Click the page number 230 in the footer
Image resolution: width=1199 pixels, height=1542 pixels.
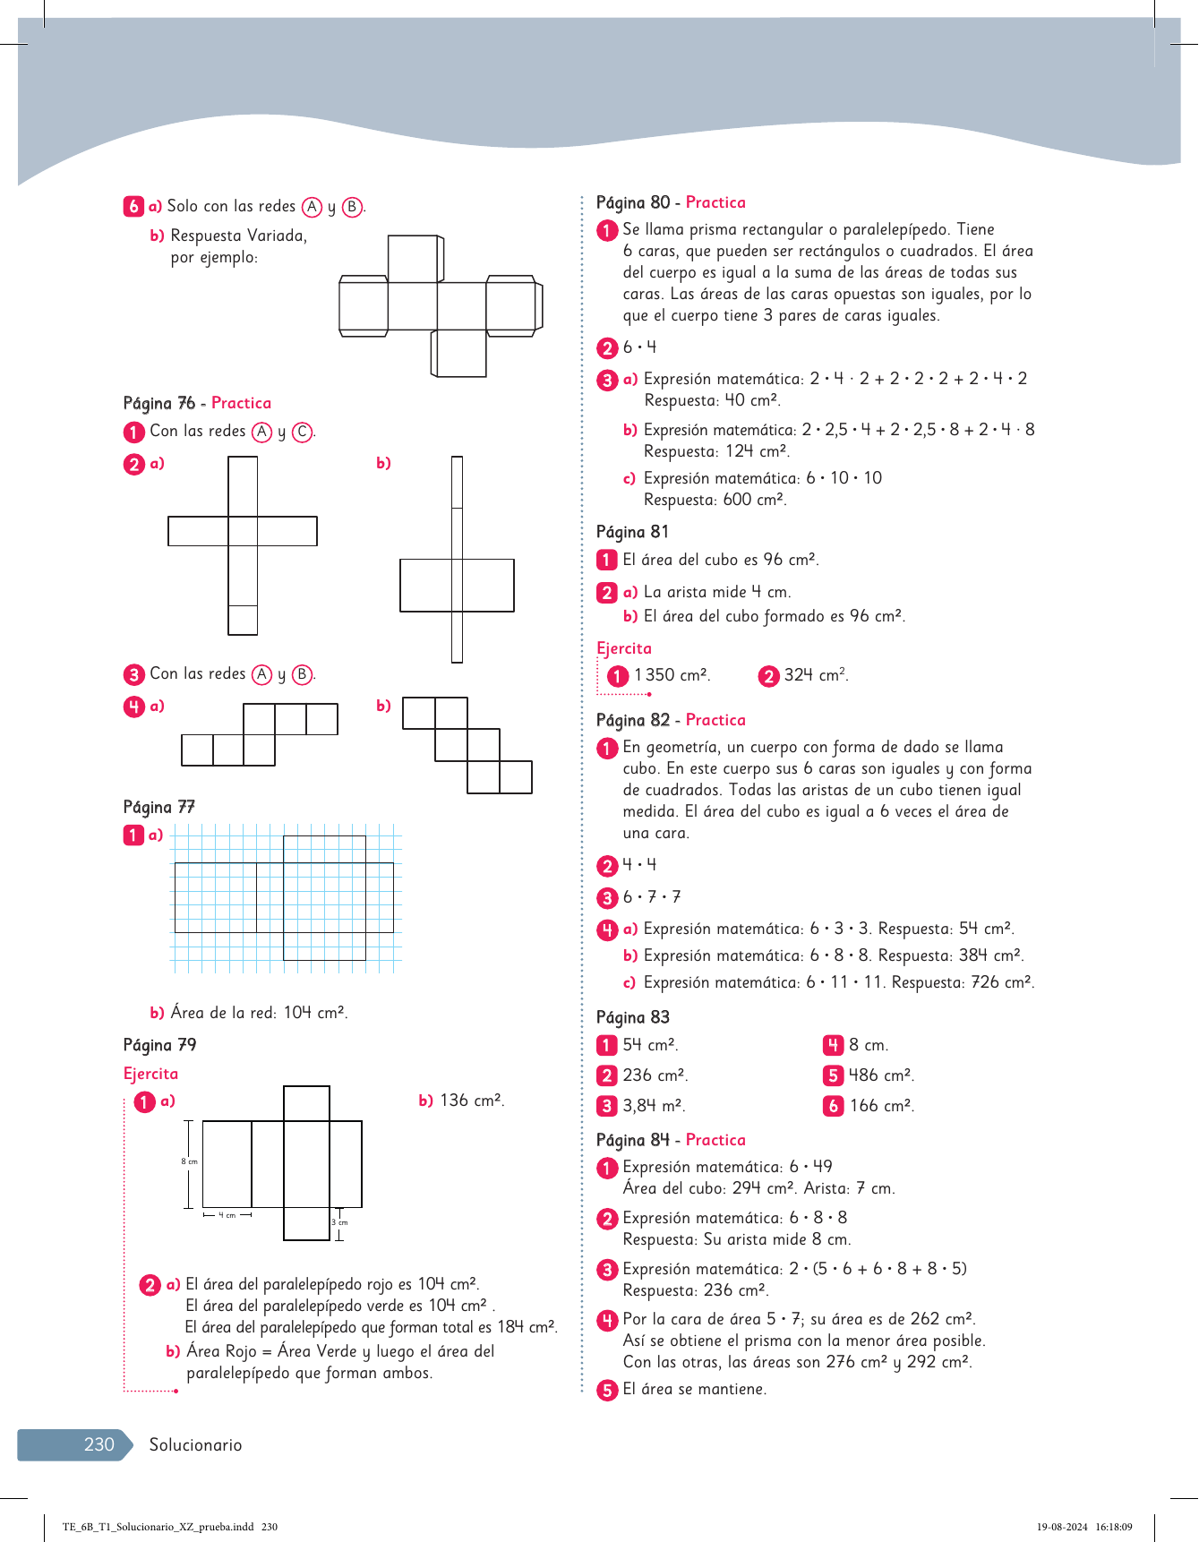[99, 1444]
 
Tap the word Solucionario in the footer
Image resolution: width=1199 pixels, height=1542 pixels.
[195, 1444]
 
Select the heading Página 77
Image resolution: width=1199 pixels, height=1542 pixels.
[159, 807]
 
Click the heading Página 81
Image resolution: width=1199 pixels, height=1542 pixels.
[632, 532]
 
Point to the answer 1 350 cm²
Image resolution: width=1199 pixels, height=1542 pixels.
[672, 675]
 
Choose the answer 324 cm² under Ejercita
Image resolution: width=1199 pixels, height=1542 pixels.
[816, 675]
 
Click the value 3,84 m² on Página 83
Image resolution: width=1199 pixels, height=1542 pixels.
[654, 1106]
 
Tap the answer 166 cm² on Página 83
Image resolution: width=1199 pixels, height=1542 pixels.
[882, 1106]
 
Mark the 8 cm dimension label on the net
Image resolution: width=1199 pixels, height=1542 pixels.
[190, 1161]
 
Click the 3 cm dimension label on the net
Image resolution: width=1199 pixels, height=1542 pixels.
[340, 1222]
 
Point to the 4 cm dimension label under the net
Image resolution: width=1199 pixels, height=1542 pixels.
[227, 1215]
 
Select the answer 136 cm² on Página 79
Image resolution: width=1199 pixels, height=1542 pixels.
[472, 1101]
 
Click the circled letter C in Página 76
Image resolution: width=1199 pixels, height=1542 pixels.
[303, 432]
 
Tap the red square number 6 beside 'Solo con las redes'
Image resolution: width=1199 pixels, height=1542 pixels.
[133, 206]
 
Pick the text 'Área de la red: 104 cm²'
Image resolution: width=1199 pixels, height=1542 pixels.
[259, 1013]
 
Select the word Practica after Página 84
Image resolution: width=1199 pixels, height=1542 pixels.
[715, 1140]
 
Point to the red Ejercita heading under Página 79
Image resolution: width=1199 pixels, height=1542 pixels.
[150, 1074]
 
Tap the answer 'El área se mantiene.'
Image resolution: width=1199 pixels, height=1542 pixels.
[694, 1390]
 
